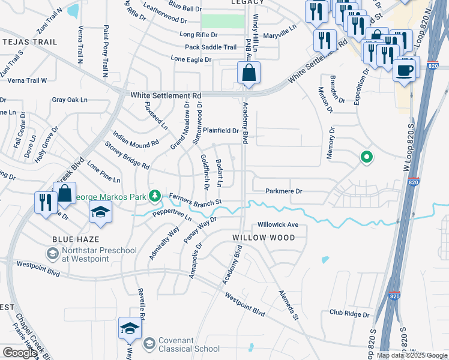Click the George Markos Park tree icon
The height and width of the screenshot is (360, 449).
click(155, 195)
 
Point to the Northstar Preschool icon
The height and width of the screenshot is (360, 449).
click(53, 254)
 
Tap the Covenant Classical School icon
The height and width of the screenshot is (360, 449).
click(148, 344)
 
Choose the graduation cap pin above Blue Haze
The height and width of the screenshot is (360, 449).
click(101, 212)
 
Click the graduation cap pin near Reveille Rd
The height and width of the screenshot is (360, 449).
click(130, 328)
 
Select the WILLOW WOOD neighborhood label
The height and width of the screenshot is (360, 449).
click(264, 238)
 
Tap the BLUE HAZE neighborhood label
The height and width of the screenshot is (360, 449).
click(71, 239)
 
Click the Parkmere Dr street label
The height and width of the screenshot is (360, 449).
click(283, 191)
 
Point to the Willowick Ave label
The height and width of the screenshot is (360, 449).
click(278, 225)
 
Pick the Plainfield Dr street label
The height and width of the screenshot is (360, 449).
click(220, 130)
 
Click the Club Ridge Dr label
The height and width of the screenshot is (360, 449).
click(352, 313)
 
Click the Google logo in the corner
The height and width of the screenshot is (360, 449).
click(19, 353)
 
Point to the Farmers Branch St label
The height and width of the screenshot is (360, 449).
click(196, 199)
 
